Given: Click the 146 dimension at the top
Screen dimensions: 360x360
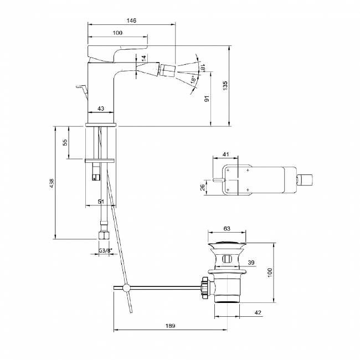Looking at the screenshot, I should pos(131,20).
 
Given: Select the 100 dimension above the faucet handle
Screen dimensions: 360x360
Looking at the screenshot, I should pos(117,33).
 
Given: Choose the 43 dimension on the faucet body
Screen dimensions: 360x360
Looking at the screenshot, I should pos(101,109).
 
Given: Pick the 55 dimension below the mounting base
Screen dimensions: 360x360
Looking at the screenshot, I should pos(65,142).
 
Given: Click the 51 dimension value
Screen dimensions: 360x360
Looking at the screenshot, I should pos(101,202).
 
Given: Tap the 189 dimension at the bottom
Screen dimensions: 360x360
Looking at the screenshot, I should pos(169,326).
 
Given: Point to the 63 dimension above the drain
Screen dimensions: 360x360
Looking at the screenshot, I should pos(227,228).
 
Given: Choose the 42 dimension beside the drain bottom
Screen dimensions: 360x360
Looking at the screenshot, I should pos(258,313).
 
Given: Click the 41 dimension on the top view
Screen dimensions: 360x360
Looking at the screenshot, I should pos(225,155).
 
